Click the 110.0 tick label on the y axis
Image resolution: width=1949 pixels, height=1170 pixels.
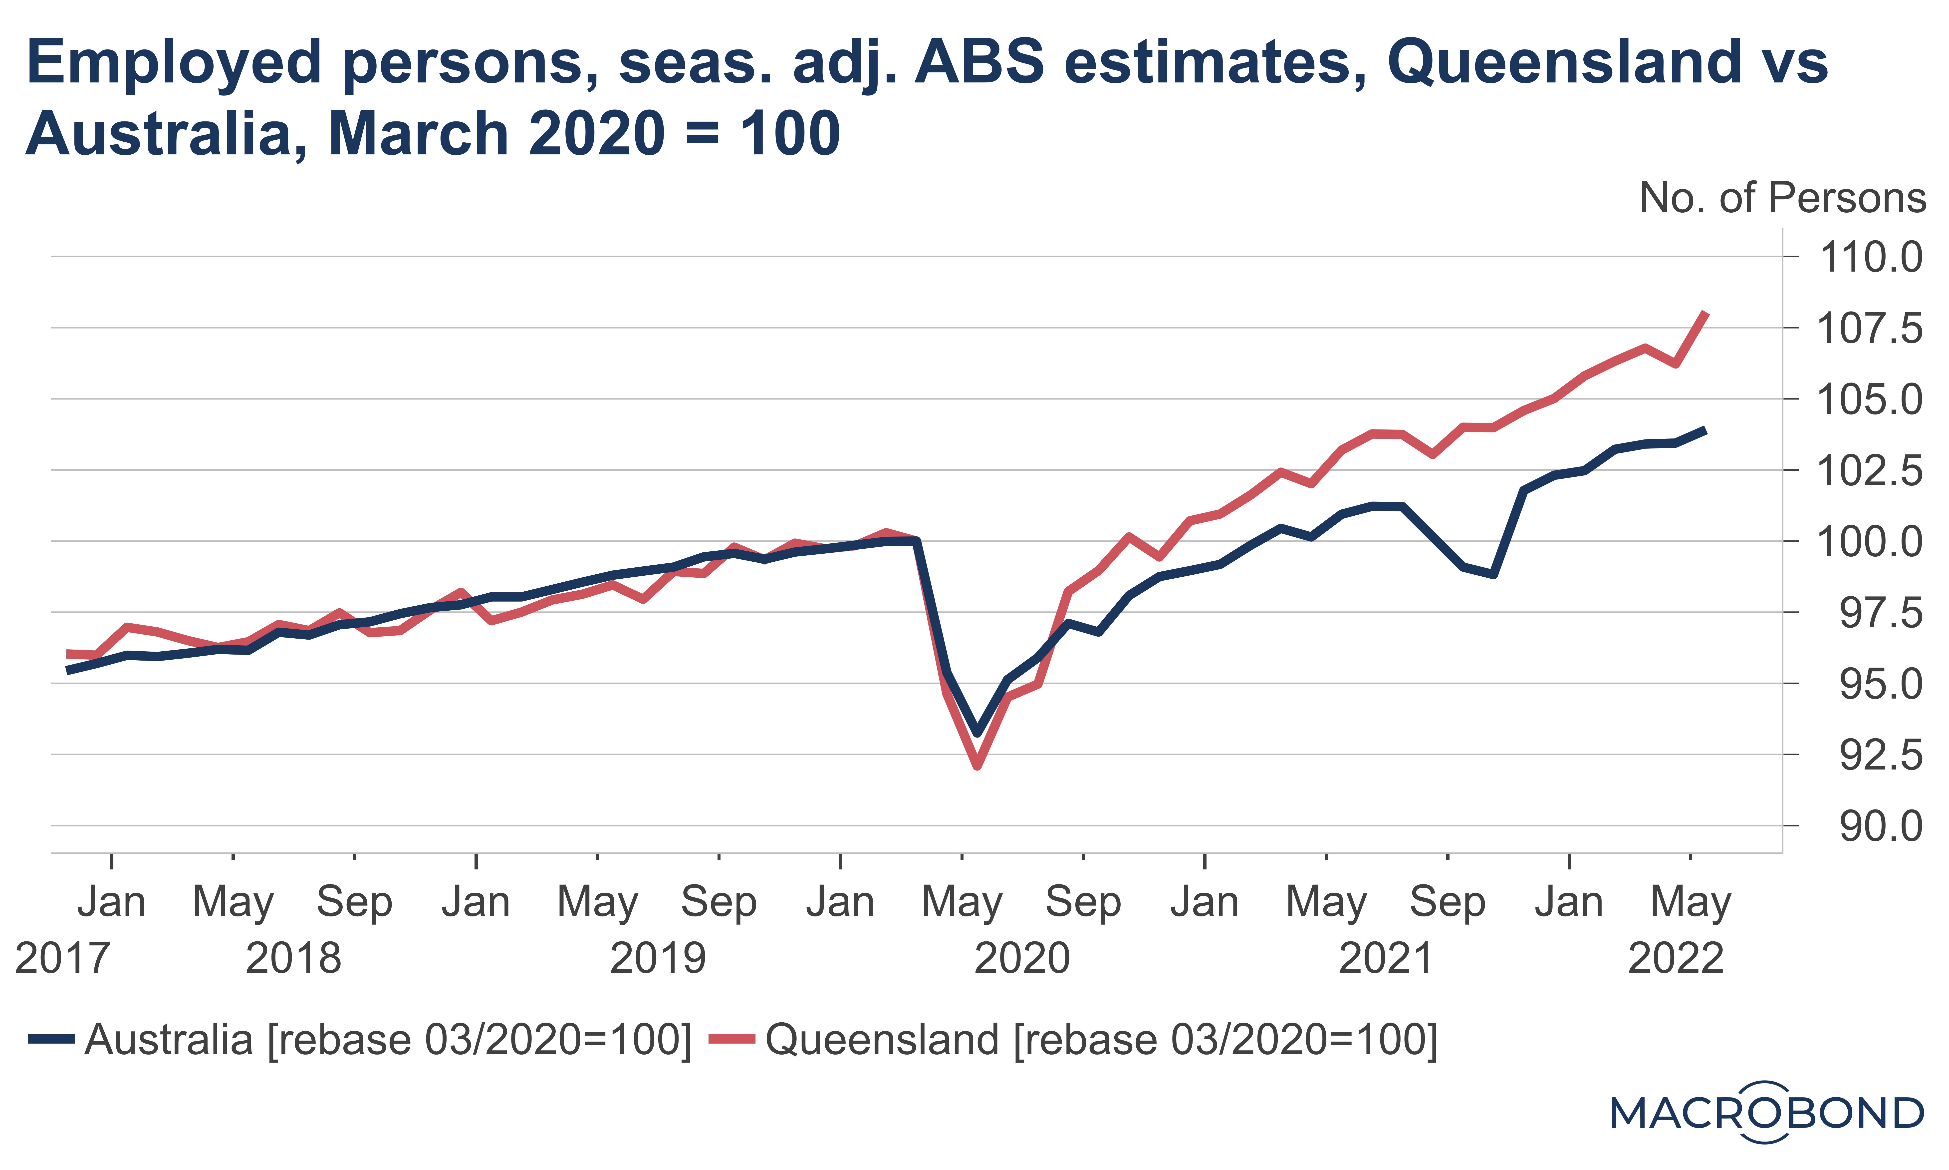1869,258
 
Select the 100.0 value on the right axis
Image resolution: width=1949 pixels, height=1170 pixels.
1869,542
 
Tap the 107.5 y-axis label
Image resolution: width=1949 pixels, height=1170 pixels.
1869,329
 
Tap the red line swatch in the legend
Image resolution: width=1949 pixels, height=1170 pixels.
731,1039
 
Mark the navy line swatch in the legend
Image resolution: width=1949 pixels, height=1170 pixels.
51,1039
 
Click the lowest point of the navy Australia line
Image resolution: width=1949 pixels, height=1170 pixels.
977,733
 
